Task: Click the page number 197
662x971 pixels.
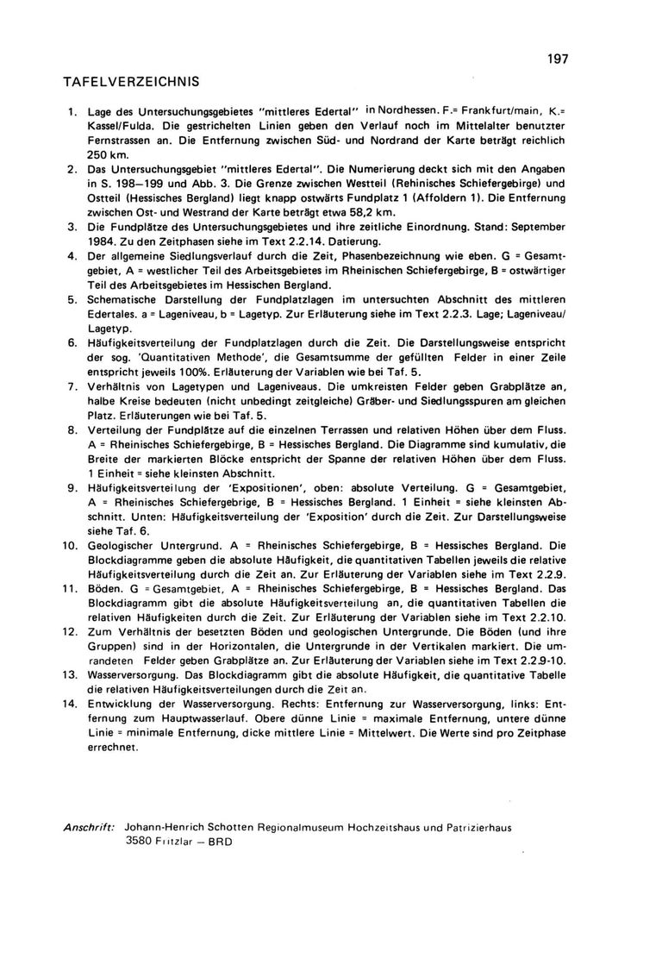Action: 557,59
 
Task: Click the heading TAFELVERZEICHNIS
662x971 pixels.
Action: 131,83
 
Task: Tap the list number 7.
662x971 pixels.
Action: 73,385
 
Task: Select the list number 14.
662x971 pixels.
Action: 70,704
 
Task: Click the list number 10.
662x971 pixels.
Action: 70,546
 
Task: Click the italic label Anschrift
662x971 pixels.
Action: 90,825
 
